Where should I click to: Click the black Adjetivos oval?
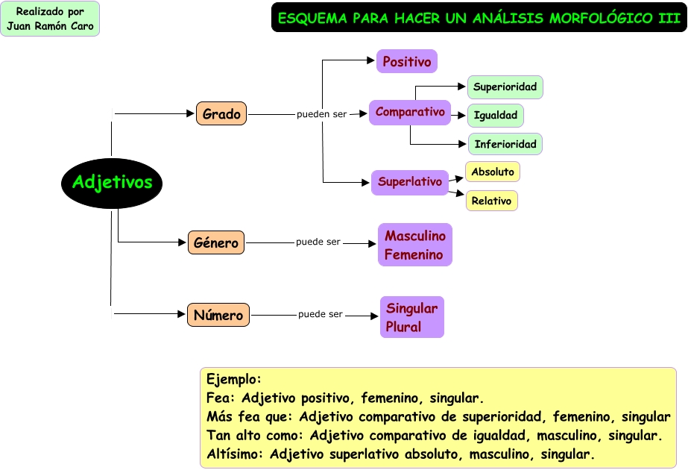[111, 183]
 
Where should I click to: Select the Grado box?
[221, 114]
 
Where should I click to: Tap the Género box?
[216, 242]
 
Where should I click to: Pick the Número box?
[218, 315]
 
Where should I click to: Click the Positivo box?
[406, 61]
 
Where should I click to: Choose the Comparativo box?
[410, 113]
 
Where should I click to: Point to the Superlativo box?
[410, 181]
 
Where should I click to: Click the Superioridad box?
[505, 87]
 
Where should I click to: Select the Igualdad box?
[496, 116]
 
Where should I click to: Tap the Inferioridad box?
[505, 143]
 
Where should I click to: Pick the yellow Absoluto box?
[493, 172]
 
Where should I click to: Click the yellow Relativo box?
[491, 201]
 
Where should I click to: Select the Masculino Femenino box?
[414, 245]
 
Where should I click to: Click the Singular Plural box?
[411, 317]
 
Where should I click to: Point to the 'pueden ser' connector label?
[321, 115]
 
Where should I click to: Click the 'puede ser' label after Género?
[318, 242]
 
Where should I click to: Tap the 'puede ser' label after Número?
[321, 314]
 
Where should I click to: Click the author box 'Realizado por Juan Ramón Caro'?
[50, 19]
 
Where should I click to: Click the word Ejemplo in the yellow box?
[233, 379]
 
